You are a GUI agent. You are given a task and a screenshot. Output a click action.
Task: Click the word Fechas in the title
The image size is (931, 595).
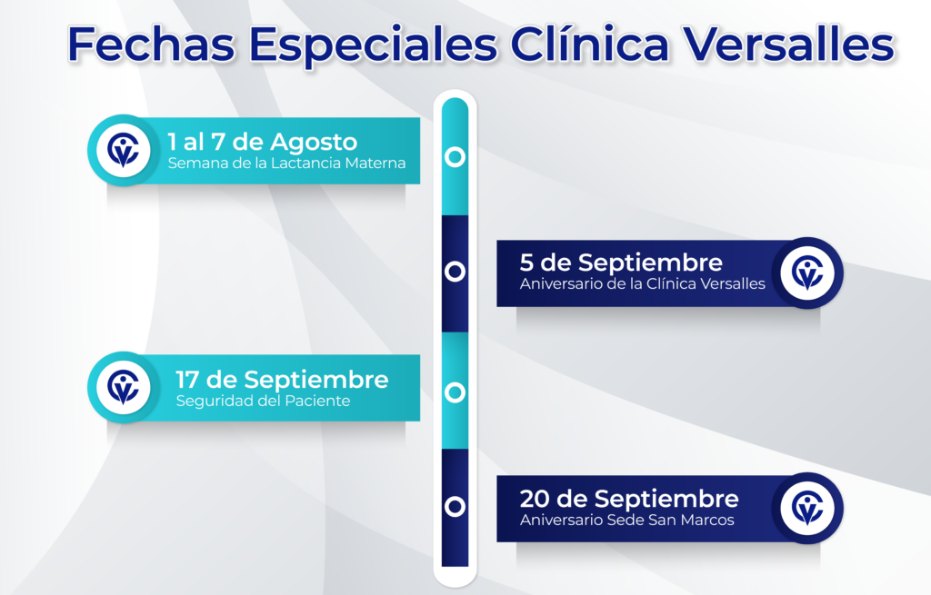pyautogui.click(x=151, y=44)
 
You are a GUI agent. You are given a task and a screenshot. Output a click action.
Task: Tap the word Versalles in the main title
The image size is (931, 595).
pyautogui.click(x=789, y=44)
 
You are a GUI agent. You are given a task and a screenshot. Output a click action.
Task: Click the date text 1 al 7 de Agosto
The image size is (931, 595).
pyautogui.click(x=263, y=142)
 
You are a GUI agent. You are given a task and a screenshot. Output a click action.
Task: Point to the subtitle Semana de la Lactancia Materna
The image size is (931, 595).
pyautogui.click(x=286, y=164)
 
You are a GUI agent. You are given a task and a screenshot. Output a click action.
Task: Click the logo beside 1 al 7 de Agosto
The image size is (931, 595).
pyautogui.click(x=124, y=151)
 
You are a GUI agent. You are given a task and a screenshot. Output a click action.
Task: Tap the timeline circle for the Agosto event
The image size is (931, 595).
pyautogui.click(x=455, y=156)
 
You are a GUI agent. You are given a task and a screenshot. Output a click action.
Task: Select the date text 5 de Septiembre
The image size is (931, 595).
pyautogui.click(x=621, y=263)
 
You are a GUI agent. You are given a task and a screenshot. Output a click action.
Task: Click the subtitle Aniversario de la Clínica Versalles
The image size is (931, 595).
pyautogui.click(x=643, y=283)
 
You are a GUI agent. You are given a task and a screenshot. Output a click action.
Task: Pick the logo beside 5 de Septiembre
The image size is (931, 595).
pyautogui.click(x=807, y=273)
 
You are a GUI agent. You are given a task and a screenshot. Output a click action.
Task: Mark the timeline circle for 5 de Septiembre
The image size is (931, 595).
pyautogui.click(x=455, y=271)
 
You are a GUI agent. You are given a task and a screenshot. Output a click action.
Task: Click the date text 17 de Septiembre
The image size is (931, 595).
pyautogui.click(x=282, y=380)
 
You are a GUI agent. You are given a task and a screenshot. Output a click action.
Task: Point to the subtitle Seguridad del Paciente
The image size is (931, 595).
pyautogui.click(x=263, y=401)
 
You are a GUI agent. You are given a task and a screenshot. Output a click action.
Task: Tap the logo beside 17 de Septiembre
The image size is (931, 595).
pyautogui.click(x=124, y=387)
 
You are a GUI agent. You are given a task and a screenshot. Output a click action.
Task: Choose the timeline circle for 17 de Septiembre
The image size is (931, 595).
pyautogui.click(x=455, y=392)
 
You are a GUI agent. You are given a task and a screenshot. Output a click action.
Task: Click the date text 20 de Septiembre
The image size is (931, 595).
pyautogui.click(x=629, y=499)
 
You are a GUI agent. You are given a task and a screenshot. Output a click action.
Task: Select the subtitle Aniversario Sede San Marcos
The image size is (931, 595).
pyautogui.click(x=627, y=521)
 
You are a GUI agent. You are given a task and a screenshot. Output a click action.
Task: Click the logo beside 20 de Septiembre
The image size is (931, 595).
pyautogui.click(x=807, y=509)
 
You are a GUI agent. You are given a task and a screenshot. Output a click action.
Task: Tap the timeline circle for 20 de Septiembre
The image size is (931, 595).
pyautogui.click(x=455, y=507)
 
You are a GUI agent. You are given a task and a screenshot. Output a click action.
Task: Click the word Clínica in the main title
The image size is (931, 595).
pyautogui.click(x=589, y=44)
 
